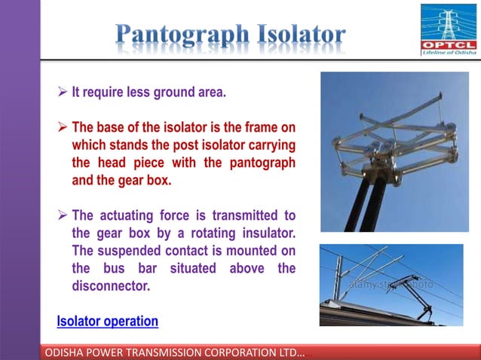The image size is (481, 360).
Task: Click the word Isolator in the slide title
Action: pos(300,34)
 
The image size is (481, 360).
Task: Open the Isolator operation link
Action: pos(108,322)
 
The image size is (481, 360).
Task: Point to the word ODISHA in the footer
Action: pos(67,352)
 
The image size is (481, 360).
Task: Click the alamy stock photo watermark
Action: pos(391,285)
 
